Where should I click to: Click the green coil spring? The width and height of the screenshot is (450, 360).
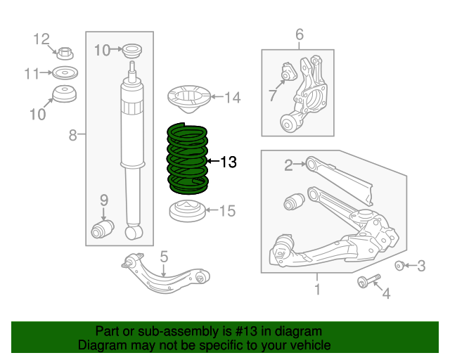(186, 159)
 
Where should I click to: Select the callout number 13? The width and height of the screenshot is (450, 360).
(229, 162)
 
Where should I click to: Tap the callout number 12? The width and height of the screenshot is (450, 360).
(43, 39)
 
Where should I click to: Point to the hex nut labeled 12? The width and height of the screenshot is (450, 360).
(65, 53)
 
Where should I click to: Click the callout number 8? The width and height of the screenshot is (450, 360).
(72, 135)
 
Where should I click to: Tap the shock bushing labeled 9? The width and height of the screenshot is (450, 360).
(104, 229)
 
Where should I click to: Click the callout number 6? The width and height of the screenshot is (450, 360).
(299, 34)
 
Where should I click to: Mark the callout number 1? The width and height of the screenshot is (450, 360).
(317, 289)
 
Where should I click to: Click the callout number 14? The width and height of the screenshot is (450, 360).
(232, 98)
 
